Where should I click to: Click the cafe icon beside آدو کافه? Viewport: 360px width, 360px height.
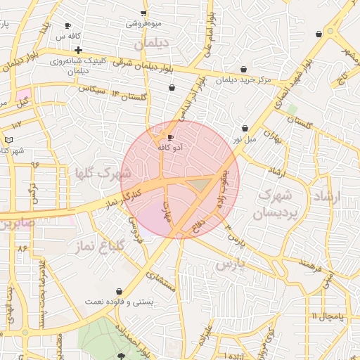(170, 136)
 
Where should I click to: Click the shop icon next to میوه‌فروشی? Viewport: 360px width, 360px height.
(143, 13)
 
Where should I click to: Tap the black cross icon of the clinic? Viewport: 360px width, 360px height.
(78, 50)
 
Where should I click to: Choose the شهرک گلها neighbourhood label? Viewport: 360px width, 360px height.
(103, 172)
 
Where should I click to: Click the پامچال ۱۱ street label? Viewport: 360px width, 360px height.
(327, 316)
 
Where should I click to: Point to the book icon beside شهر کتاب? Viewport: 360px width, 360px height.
(8, 140)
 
